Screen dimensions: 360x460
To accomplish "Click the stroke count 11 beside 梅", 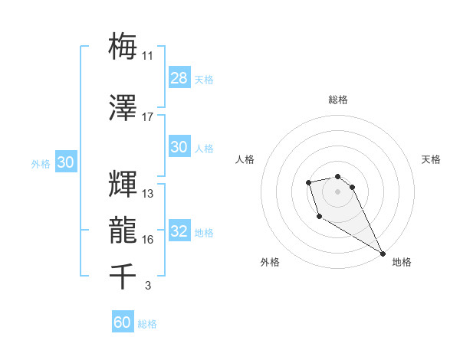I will pyautogui.click(x=148, y=55).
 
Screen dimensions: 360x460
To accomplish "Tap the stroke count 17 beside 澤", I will pyautogui.click(x=148, y=117).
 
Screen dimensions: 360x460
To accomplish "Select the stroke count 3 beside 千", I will pyautogui.click(x=147, y=286).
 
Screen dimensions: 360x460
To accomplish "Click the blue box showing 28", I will pyautogui.click(x=179, y=78).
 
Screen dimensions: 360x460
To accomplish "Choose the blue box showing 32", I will pyautogui.click(x=179, y=232).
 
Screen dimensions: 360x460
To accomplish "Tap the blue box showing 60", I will pyautogui.click(x=123, y=322).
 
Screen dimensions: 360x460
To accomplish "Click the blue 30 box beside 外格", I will pyautogui.click(x=65, y=162).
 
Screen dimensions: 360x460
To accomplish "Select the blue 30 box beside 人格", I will pyautogui.click(x=179, y=147).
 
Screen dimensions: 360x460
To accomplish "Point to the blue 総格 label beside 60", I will pyautogui.click(x=147, y=324).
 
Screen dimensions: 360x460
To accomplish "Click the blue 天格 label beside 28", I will pyautogui.click(x=204, y=80).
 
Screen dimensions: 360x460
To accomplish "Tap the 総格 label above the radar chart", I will pyautogui.click(x=337, y=100).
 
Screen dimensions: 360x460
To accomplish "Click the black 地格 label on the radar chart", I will pyautogui.click(x=402, y=263).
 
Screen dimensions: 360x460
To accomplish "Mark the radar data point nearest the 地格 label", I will pyautogui.click(x=383, y=253).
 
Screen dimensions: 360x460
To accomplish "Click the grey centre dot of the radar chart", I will pyautogui.click(x=337, y=190).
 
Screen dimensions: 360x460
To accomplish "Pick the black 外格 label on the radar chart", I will pyautogui.click(x=270, y=263).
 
